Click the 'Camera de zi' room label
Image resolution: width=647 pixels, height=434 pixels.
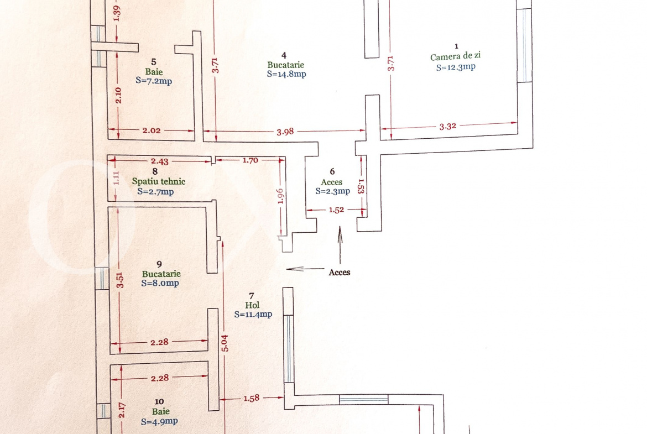456,56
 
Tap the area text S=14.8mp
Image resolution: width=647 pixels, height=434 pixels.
286,74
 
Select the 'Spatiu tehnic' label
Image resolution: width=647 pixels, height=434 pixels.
159,181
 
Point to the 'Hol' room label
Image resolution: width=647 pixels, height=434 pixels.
252,305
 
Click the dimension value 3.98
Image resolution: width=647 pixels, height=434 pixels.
285,132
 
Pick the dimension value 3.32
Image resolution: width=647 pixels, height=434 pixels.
448,126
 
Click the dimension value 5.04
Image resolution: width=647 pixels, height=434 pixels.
225,343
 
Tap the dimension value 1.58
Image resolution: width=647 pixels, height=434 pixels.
251,398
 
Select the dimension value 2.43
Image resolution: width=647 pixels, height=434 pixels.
160,161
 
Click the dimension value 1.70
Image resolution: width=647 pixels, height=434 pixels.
250,160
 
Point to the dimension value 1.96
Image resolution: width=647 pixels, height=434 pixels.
280,196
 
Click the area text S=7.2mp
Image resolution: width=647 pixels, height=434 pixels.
154,81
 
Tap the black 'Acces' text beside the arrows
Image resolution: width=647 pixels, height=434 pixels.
339,272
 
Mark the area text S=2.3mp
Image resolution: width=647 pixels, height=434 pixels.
332,191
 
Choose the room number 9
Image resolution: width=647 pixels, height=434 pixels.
159,264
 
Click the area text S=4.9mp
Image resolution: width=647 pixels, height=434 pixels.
159,422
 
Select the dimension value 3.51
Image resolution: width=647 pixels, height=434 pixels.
119,280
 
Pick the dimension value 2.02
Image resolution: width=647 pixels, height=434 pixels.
152,130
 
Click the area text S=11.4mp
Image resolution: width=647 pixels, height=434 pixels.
253,315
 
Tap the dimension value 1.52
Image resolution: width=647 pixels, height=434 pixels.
336,210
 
